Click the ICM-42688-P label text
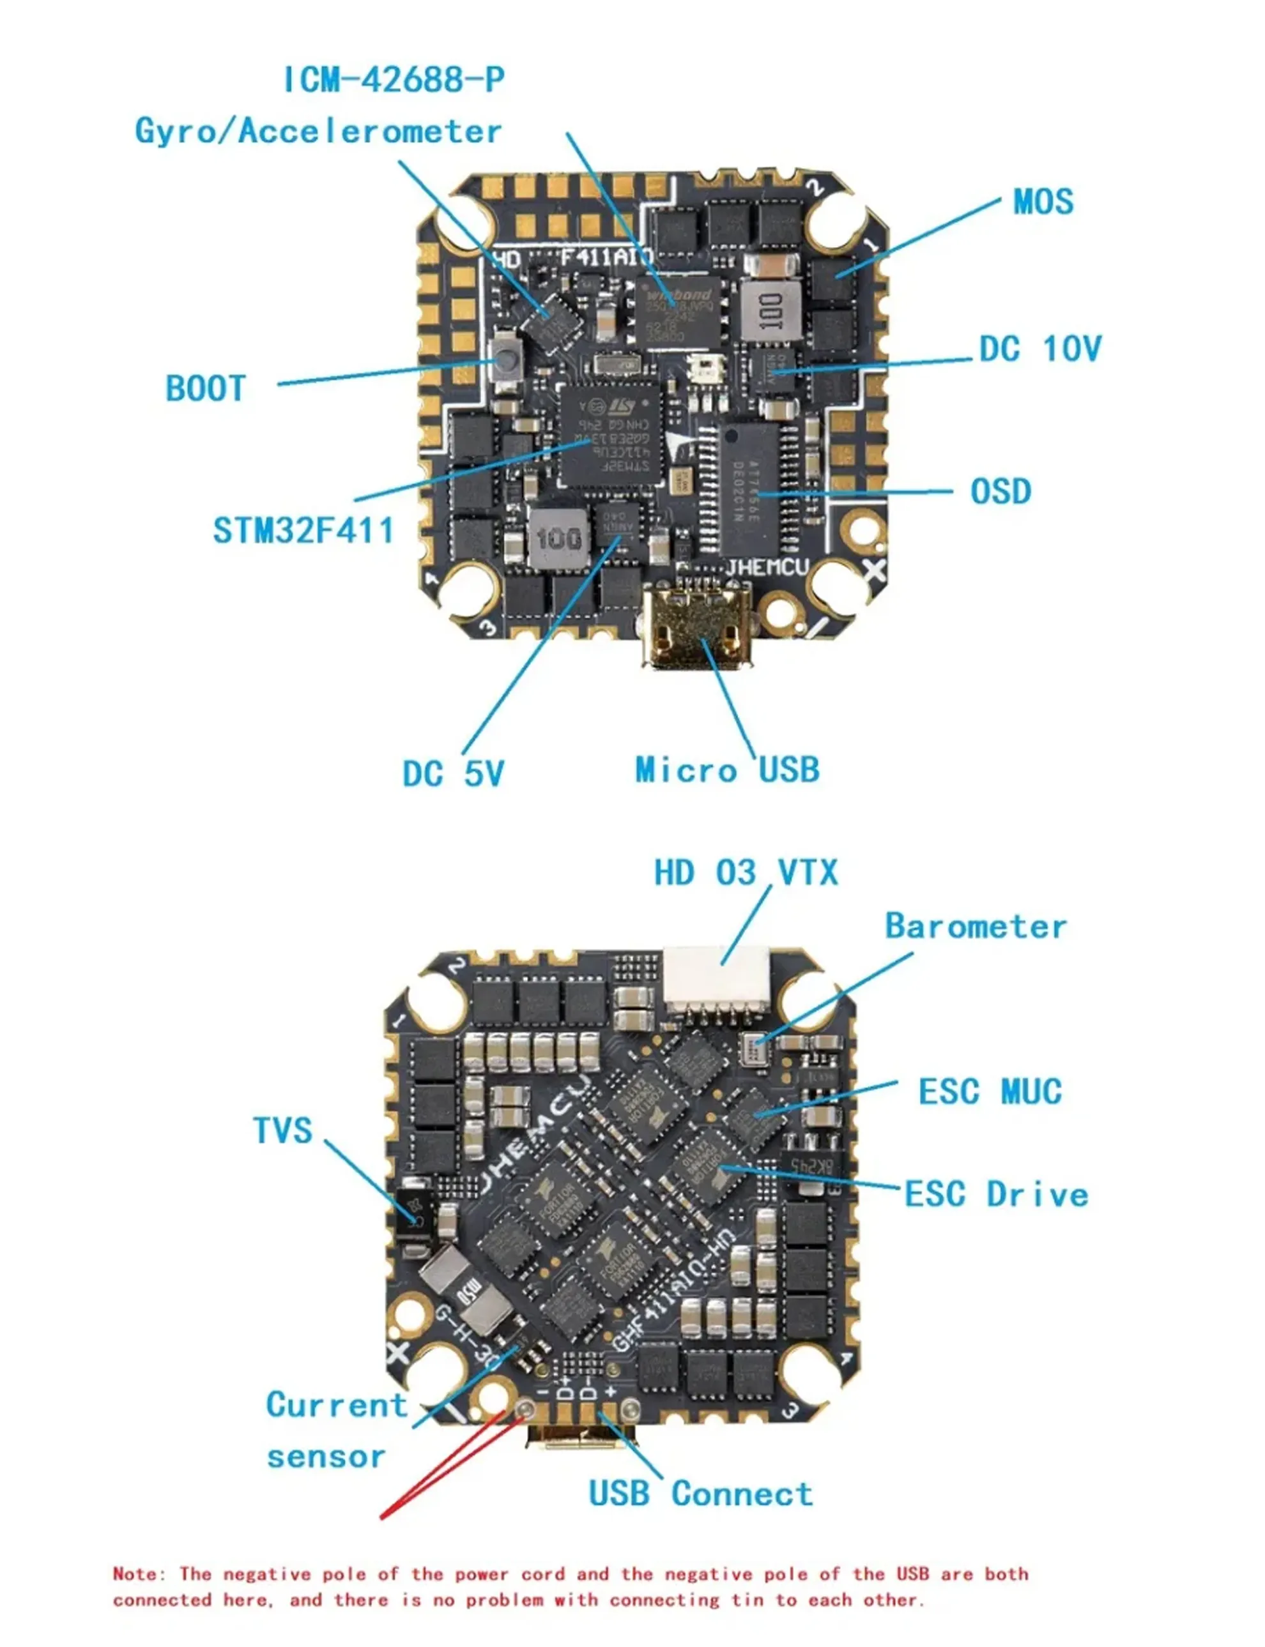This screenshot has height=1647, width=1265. (393, 80)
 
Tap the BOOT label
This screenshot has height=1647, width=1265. (206, 389)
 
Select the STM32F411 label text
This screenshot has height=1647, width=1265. (303, 531)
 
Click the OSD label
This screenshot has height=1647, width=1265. (1000, 492)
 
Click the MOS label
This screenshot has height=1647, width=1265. (1043, 202)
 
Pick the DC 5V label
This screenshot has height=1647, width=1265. (452, 774)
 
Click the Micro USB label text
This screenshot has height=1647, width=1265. (726, 770)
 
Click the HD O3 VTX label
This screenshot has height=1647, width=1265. (746, 873)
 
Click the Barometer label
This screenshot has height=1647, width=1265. (975, 927)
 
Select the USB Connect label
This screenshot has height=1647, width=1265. (700, 1494)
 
